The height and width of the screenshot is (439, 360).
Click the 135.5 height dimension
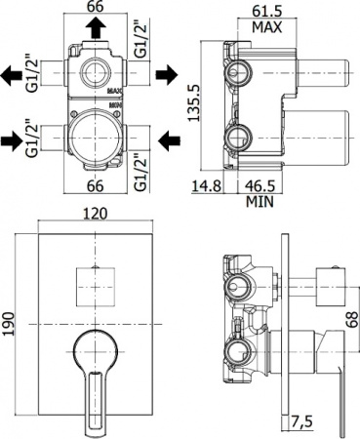(x=195, y=102)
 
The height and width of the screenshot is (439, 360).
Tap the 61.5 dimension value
(x=266, y=11)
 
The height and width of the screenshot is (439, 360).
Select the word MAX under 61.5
(x=267, y=27)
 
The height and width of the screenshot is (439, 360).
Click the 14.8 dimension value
(x=207, y=186)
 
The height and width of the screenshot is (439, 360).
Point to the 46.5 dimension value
(x=260, y=186)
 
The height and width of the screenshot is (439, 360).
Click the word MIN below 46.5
(x=260, y=202)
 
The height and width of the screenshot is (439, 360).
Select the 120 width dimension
(x=95, y=214)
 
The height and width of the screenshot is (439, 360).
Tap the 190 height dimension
(x=9, y=324)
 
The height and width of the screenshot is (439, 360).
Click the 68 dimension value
(x=351, y=320)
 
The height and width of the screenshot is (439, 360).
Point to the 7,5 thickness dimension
(x=300, y=421)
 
